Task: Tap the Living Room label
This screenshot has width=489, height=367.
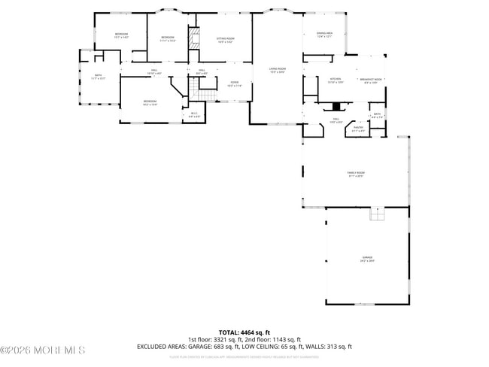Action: click(278, 70)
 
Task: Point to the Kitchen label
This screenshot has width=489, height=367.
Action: click(335, 79)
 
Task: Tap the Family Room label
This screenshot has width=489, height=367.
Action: click(355, 174)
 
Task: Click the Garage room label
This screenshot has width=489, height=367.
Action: click(366, 259)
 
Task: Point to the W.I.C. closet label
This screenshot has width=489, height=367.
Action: click(193, 115)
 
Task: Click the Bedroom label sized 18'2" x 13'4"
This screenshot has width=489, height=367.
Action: click(150, 102)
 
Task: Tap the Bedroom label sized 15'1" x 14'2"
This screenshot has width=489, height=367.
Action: click(121, 35)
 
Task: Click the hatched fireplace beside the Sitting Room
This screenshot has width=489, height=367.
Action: click(196, 41)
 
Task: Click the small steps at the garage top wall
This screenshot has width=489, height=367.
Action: click(375, 215)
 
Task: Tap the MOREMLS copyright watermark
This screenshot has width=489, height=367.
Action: click(43, 350)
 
